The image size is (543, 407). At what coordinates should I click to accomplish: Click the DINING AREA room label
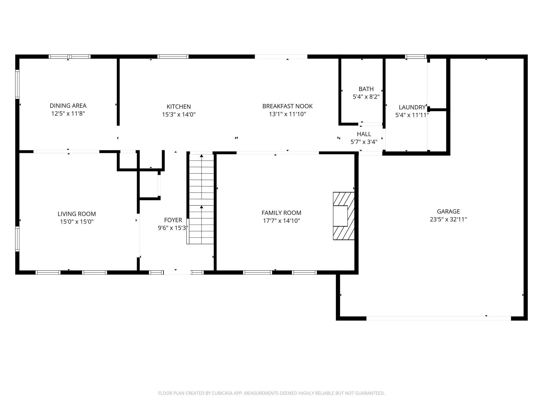coord(68,106)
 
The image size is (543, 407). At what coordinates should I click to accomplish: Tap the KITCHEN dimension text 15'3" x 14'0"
coord(179,115)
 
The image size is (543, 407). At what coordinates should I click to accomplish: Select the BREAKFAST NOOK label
coord(287,106)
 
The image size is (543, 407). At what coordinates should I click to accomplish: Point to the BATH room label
coord(366,89)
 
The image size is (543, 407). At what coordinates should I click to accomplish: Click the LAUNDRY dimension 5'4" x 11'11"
coord(412,115)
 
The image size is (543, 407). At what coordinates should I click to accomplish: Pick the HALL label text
coord(364,134)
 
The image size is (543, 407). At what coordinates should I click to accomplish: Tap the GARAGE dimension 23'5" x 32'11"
coord(448,219)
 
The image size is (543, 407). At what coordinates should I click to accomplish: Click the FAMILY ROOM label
coord(281,213)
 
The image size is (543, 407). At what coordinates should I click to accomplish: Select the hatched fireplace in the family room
coord(344,216)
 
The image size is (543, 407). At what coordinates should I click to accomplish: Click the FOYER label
coord(173,220)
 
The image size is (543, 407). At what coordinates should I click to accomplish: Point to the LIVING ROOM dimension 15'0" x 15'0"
coord(76,222)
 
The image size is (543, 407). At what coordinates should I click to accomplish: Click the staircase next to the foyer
coord(201,198)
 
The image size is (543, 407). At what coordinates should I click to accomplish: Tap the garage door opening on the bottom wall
coord(439,318)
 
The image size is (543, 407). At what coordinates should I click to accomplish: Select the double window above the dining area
coord(69,57)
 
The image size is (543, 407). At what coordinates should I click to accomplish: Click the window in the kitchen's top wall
coord(173,57)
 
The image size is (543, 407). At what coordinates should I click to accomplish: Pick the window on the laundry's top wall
coord(415,57)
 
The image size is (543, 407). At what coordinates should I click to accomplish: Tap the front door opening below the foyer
coord(177,273)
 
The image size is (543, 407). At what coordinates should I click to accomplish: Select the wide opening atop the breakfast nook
coord(281,57)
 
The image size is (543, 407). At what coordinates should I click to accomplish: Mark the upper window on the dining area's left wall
coord(17,84)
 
